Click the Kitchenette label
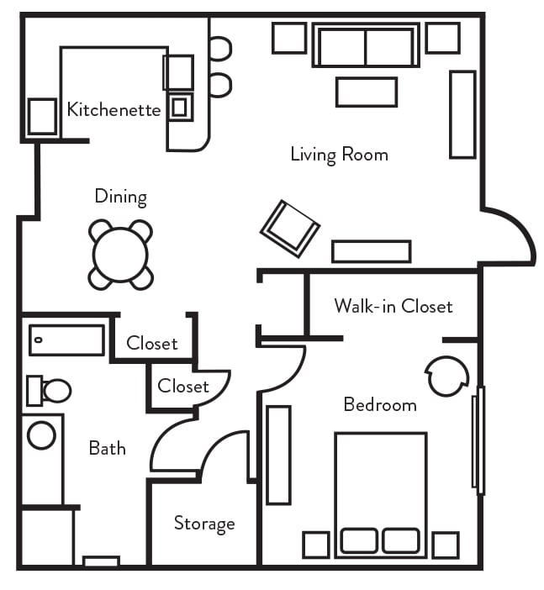tap(114, 109)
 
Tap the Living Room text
tap(339, 155)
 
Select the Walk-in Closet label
tap(393, 305)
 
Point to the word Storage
tap(203, 524)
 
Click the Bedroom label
tap(380, 404)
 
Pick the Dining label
tap(120, 197)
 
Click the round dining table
tap(121, 254)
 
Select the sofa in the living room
tap(366, 46)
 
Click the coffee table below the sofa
tap(366, 92)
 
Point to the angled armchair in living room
tap(290, 228)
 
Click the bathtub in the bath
tap(66, 340)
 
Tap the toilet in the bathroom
tap(50, 391)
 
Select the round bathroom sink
tap(41, 435)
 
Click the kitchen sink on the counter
tap(180, 107)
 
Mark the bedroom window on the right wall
tap(478, 440)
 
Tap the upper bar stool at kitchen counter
tap(219, 48)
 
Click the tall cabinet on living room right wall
tap(462, 114)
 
